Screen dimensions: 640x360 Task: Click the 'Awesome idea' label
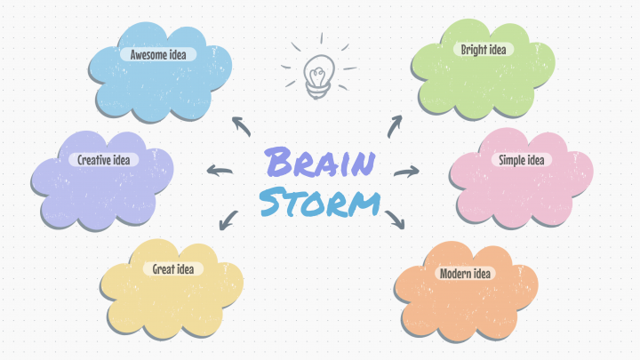pyautogui.click(x=158, y=54)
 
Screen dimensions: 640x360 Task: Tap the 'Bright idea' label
pyautogui.click(x=484, y=50)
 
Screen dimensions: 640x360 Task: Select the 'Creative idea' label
pyautogui.click(x=104, y=160)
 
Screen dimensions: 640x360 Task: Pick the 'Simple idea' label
pyautogui.click(x=521, y=160)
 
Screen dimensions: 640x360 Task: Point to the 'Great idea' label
pyautogui.click(x=173, y=269)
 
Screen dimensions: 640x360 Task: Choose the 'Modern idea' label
pyautogui.click(x=465, y=273)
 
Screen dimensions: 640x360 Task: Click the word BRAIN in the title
pyautogui.click(x=320, y=162)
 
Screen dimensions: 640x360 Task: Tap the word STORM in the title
pyautogui.click(x=320, y=202)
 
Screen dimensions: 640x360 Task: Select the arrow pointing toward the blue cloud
pyautogui.click(x=242, y=126)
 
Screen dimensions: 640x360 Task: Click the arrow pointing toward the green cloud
pyautogui.click(x=394, y=126)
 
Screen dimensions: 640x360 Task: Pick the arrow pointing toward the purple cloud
pyautogui.click(x=220, y=170)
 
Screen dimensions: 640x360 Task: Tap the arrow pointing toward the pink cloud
pyautogui.click(x=407, y=172)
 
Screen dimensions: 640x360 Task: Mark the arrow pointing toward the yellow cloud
pyautogui.click(x=228, y=220)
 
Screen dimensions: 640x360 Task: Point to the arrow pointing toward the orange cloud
pyautogui.click(x=395, y=220)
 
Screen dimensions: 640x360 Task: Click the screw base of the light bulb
pyautogui.click(x=318, y=92)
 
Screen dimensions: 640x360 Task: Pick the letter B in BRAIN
pyautogui.click(x=279, y=162)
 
